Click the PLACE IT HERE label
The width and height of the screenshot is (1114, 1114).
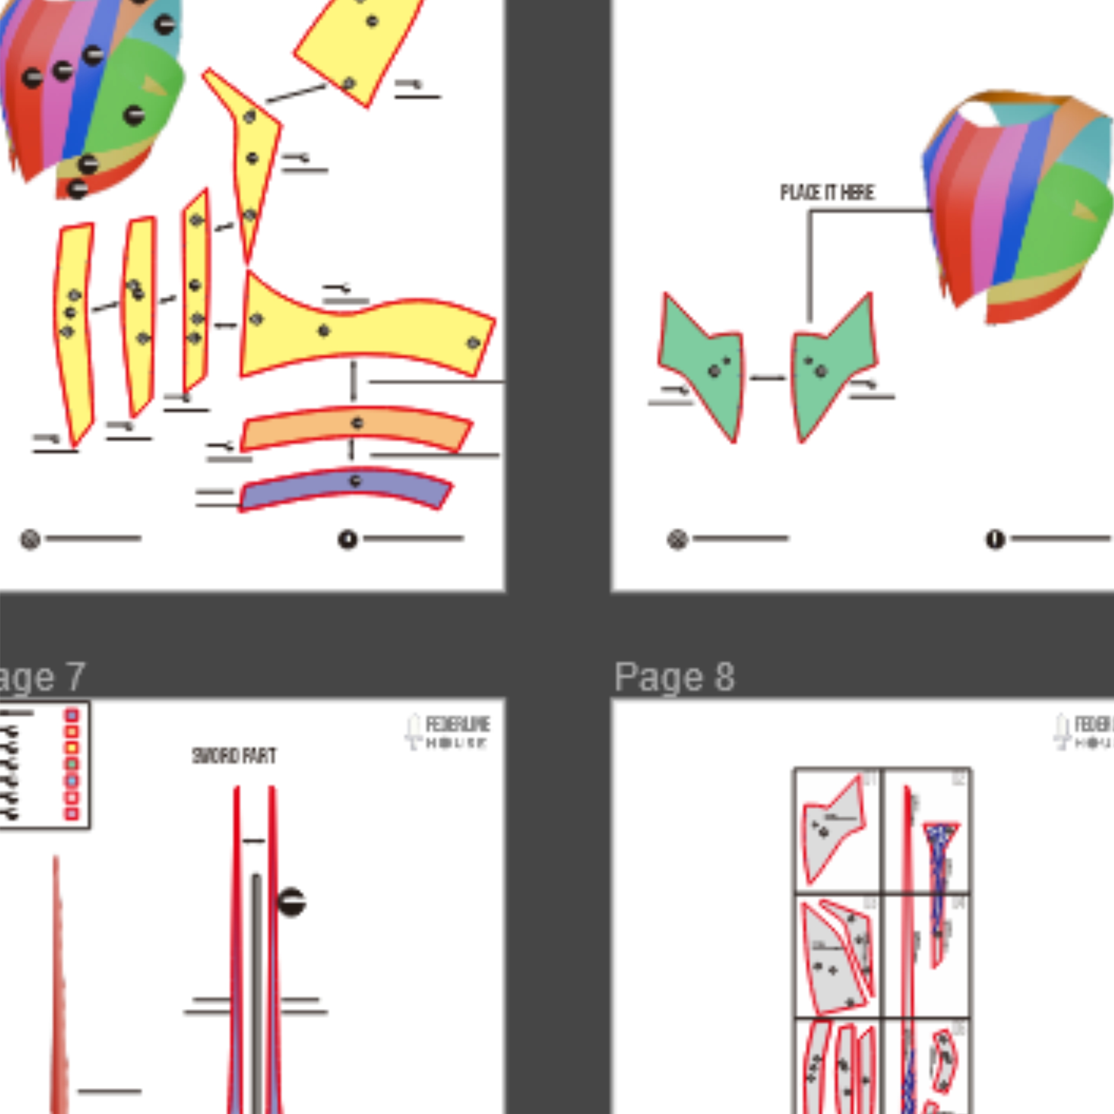pos(827,193)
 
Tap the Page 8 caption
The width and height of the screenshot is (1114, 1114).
pos(674,676)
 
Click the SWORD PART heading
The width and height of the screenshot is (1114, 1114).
pos(234,756)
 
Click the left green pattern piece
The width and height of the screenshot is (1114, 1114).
pos(703,363)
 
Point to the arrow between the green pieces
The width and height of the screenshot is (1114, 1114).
pos(768,378)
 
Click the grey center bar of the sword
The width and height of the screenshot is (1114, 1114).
pos(256,980)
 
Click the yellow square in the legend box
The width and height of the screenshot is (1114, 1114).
pos(71,748)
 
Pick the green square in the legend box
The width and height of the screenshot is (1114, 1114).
pos(71,765)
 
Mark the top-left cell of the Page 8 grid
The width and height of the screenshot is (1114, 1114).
pos(837,830)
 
